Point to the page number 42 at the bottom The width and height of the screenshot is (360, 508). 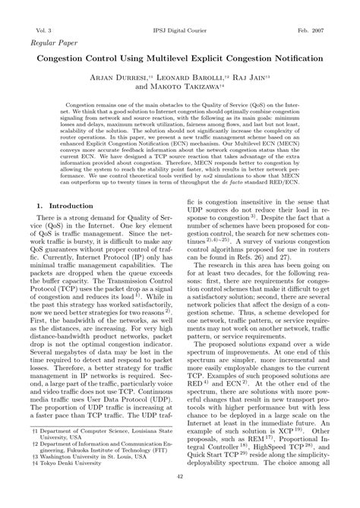[180, 498]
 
